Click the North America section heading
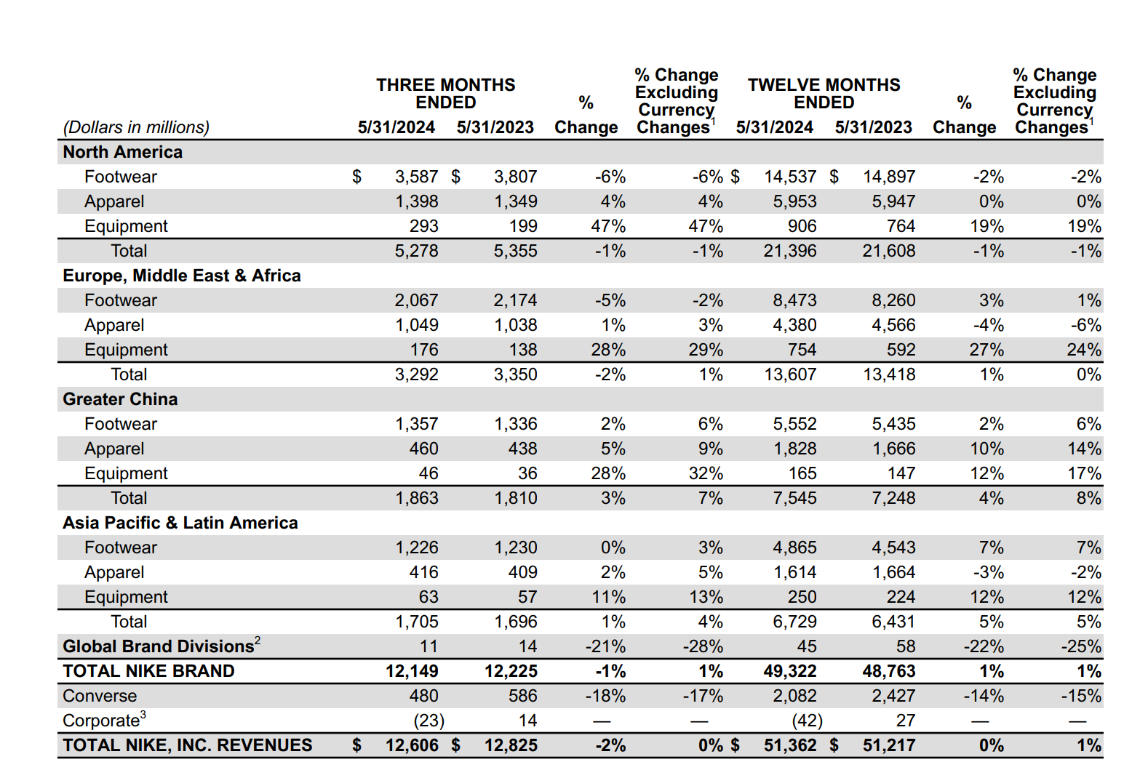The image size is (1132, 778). (122, 152)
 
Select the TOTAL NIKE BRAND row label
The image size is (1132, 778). (148, 671)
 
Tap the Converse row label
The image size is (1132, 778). (100, 696)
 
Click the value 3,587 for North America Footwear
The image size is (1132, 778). (416, 177)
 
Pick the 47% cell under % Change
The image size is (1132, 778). (608, 226)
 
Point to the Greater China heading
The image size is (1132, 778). (120, 399)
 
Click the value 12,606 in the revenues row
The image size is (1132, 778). (412, 745)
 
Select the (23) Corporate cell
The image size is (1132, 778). (429, 721)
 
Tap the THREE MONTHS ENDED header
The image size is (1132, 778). (445, 94)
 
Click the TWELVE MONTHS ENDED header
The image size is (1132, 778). (824, 94)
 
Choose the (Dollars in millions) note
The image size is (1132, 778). (136, 127)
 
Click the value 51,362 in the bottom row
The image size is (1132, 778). (790, 745)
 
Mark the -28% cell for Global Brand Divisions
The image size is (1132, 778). (703, 646)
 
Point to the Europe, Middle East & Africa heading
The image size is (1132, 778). (182, 276)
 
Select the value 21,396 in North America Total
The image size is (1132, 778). (790, 251)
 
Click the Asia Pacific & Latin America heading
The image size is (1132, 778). (180, 523)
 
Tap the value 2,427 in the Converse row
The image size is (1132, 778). (893, 696)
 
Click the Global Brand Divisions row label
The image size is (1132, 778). (159, 646)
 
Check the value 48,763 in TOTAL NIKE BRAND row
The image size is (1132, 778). (889, 671)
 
